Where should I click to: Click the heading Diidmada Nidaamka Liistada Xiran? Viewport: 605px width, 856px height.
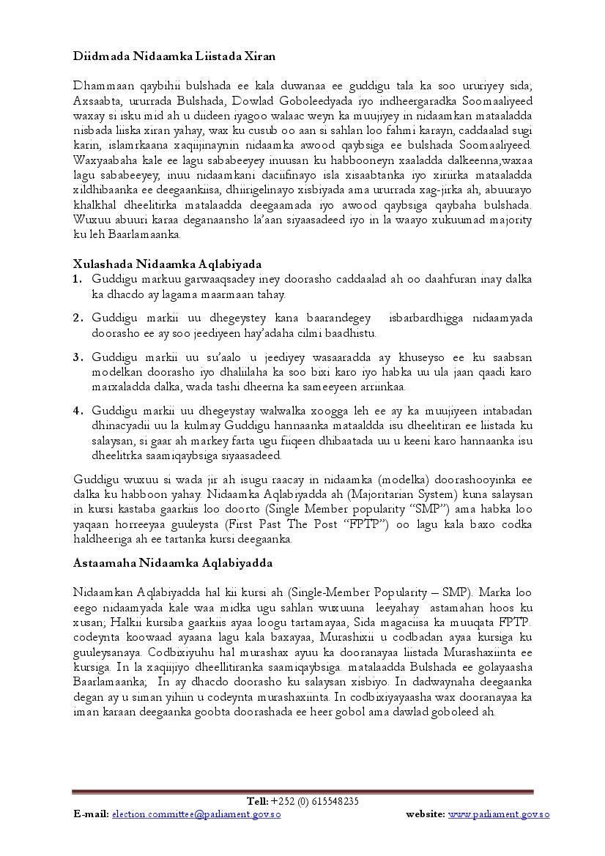tap(174, 56)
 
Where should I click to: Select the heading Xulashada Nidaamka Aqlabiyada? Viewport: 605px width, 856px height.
tap(168, 264)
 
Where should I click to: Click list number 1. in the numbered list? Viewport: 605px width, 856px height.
tap(78, 279)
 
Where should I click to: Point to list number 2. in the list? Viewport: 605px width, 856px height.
tap(78, 318)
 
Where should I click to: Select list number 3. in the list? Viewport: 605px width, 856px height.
tap(78, 357)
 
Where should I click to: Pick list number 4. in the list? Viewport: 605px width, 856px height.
tap(78, 410)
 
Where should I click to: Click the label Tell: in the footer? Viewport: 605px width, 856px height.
tap(258, 801)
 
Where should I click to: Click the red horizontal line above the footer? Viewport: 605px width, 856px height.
tap(302, 792)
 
